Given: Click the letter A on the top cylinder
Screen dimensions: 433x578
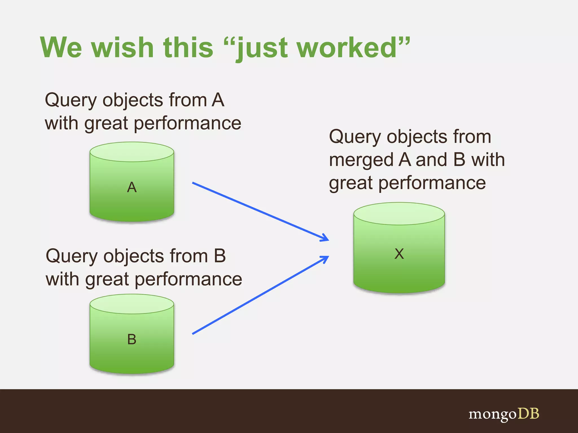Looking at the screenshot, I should [132, 187].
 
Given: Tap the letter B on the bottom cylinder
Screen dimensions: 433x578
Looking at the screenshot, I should [132, 339].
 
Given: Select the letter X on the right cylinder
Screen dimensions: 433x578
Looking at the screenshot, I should [399, 254].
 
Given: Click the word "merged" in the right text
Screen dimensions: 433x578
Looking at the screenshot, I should [361, 160].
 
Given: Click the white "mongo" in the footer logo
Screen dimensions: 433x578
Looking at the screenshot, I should [492, 414].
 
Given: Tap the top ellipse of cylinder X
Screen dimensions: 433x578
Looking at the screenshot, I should [399, 214].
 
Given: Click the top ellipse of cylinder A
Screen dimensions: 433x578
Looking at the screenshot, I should [132, 152].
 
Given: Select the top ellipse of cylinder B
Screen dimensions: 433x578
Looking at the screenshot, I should [132, 304].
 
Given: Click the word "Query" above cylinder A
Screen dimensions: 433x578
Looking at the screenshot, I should [71, 101].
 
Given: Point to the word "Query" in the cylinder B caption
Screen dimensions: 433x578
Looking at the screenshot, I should [72, 257].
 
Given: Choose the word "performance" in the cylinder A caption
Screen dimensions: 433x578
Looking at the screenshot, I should [187, 123].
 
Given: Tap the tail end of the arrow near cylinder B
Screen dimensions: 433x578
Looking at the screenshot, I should [194, 333].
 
